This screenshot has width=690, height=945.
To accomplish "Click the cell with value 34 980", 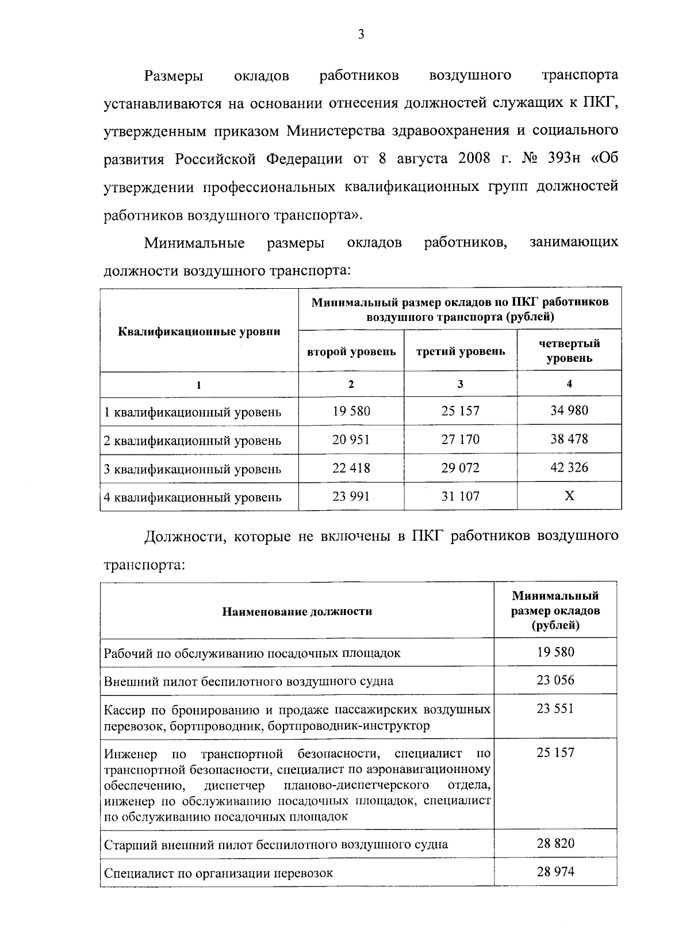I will (569, 411).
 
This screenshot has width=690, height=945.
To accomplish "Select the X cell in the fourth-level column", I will (569, 496).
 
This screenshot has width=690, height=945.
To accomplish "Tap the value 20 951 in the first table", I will (351, 439).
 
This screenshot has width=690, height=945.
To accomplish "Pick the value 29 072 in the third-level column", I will (460, 468).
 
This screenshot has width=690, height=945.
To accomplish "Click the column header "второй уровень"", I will (351, 351).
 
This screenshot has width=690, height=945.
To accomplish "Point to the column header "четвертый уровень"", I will (569, 351).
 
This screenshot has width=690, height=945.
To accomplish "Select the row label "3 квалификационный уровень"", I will (193, 469).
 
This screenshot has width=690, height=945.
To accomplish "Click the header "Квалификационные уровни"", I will (199, 331).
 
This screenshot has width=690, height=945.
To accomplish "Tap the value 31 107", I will (460, 496).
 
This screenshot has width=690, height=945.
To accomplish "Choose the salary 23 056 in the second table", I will (555, 680).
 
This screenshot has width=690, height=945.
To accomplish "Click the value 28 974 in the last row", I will (555, 872).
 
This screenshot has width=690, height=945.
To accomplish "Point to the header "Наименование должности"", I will (297, 611).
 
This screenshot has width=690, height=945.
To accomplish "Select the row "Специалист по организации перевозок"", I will (218, 873).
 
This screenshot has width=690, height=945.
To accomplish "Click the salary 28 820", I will (555, 844).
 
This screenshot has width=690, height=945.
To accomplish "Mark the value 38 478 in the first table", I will (569, 439).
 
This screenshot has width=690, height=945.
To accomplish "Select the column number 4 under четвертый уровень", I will (569, 384).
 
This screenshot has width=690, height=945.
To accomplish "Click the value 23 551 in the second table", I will (555, 709).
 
